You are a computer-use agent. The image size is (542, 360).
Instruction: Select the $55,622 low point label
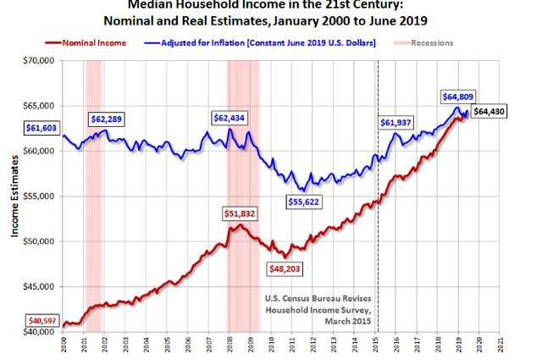[302, 202]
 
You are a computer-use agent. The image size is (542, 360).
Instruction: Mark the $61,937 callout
[399, 123]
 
